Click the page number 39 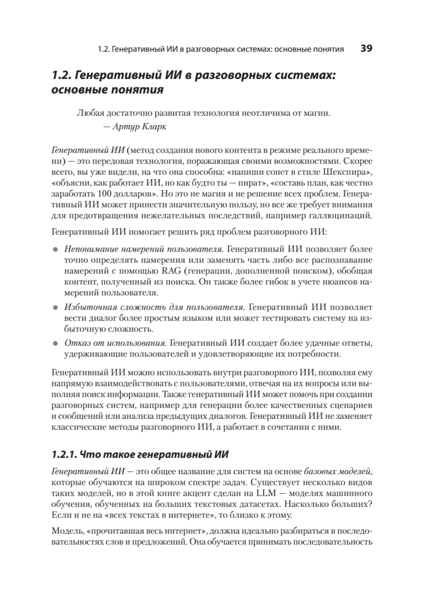pyautogui.click(x=367, y=48)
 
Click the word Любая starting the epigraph pyautogui.click(x=89, y=113)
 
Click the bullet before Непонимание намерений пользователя pyautogui.click(x=56, y=249)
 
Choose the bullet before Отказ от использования pyautogui.click(x=56, y=344)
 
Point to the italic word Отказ pyautogui.click(x=74, y=343)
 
